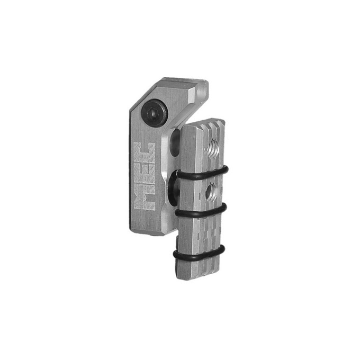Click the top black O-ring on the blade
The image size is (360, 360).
(x=202, y=174)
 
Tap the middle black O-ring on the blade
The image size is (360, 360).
(x=201, y=211)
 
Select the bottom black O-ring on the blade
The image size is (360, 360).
(x=199, y=252)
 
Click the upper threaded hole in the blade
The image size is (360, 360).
(x=213, y=149)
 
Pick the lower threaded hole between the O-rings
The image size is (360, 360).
(x=211, y=190)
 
